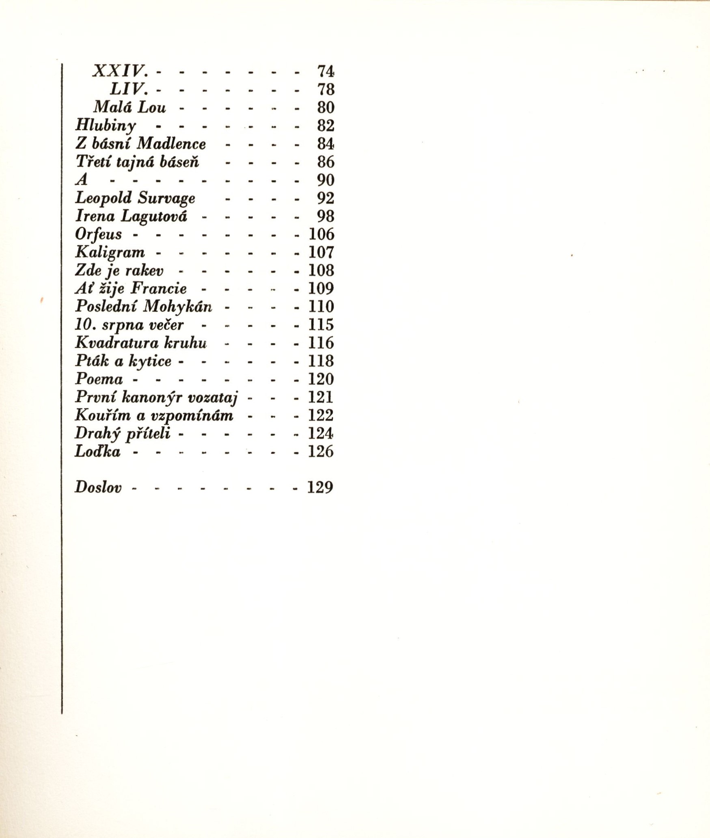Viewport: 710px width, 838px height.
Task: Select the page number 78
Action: pos(326,89)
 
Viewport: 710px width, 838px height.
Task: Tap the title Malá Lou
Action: pos(129,107)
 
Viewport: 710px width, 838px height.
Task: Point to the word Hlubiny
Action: pos(106,126)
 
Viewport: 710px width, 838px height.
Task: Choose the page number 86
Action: pos(326,162)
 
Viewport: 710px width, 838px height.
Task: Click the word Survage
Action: pos(166,198)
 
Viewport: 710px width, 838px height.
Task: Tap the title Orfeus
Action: pos(98,234)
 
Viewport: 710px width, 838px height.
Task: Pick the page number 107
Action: pos(321,252)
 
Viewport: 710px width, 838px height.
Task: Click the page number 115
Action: pos(321,324)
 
